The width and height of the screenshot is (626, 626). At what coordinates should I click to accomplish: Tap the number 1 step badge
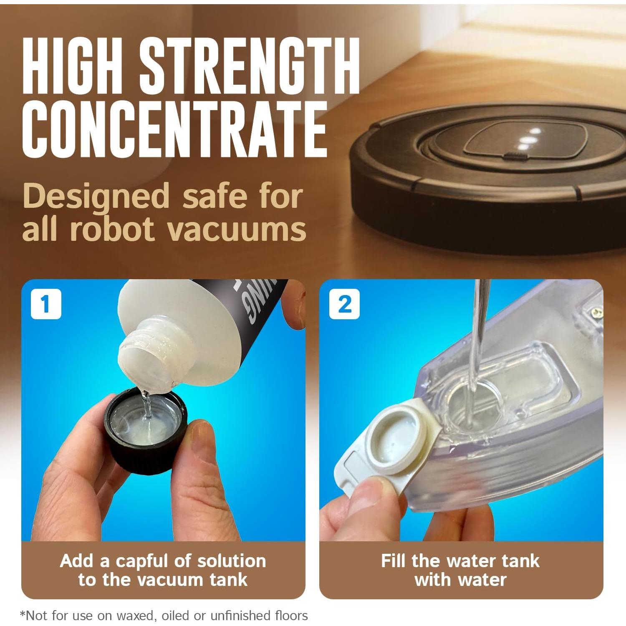pyautogui.click(x=46, y=304)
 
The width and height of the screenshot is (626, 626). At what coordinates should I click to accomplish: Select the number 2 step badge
pyautogui.click(x=344, y=304)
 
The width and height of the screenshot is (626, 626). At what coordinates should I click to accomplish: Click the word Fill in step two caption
pyautogui.click(x=394, y=561)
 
